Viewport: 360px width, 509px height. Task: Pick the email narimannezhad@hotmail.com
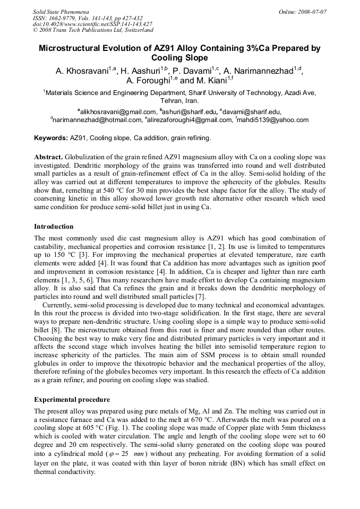tap(97, 120)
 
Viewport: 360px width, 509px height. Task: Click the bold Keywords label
tap(51, 138)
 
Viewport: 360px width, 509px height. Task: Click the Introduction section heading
tap(55, 227)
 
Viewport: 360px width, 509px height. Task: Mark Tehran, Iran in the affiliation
tap(179, 100)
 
